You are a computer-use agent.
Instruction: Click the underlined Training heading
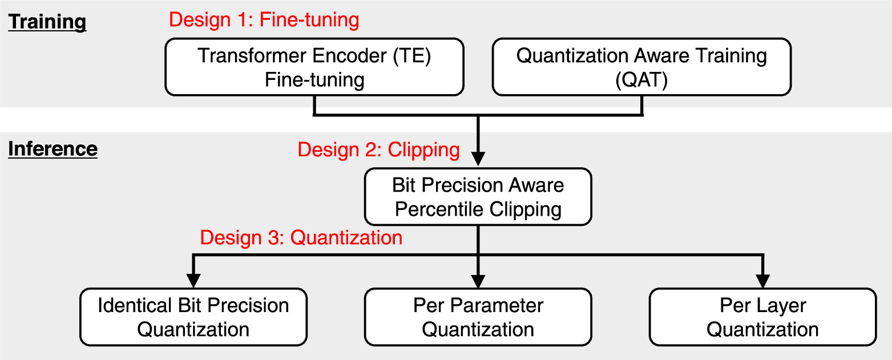(x=47, y=22)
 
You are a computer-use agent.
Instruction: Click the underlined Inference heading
(x=53, y=149)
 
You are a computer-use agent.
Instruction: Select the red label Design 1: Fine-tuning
(x=264, y=20)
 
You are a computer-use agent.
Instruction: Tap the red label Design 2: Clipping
(x=378, y=149)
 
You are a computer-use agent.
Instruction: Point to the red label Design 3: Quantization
(x=301, y=237)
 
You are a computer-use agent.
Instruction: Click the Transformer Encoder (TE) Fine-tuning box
(x=314, y=67)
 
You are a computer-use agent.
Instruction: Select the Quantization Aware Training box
(x=641, y=67)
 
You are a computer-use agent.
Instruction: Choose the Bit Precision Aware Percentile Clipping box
(x=478, y=197)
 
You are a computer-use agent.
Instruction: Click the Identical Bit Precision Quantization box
(x=193, y=317)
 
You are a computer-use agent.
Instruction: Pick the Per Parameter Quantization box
(x=478, y=317)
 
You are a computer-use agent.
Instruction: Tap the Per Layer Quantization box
(x=762, y=317)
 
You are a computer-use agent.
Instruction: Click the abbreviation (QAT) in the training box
(x=641, y=79)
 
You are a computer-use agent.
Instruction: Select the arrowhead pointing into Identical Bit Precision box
(x=194, y=280)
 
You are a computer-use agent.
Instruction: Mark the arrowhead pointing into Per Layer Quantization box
(x=762, y=280)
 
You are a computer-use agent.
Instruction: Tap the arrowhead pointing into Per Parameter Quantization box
(x=478, y=280)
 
